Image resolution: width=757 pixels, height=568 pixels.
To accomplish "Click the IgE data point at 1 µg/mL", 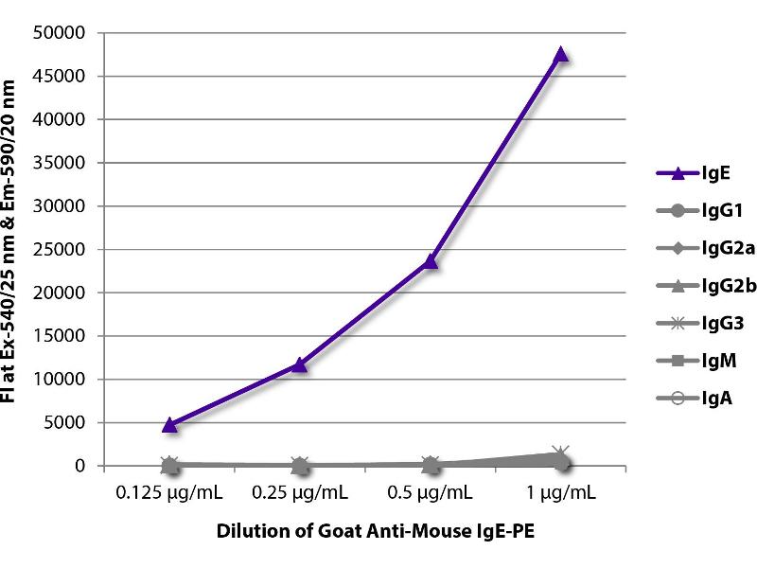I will click(561, 54).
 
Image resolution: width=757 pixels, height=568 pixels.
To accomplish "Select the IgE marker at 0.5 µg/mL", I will click(431, 260).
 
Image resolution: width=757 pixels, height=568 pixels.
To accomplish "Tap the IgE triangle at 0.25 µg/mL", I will click(300, 364).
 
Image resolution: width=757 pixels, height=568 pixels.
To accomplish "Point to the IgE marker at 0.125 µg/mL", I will click(169, 424).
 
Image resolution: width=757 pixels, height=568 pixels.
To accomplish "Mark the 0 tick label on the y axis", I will click(81, 466).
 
